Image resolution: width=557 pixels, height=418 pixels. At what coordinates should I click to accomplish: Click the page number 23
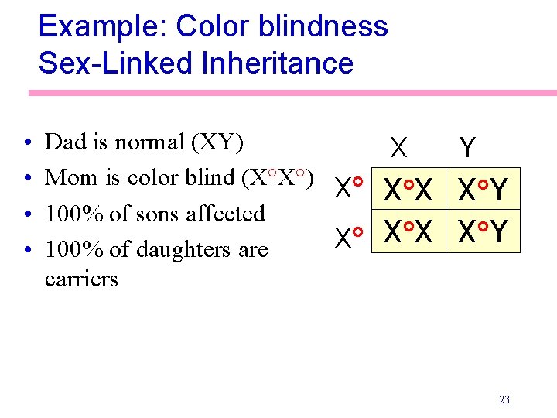pos(504,399)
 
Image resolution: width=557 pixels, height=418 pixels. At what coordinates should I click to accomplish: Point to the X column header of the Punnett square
pos(399,147)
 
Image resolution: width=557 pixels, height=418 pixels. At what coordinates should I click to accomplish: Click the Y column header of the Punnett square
pos(467,147)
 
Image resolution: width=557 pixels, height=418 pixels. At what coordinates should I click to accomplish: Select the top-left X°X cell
pos(408,190)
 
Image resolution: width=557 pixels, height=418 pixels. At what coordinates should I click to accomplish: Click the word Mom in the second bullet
pos(65,177)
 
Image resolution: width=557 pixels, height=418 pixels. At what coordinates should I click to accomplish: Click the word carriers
pos(81,279)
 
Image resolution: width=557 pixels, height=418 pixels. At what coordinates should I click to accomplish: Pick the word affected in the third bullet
pos(226,214)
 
